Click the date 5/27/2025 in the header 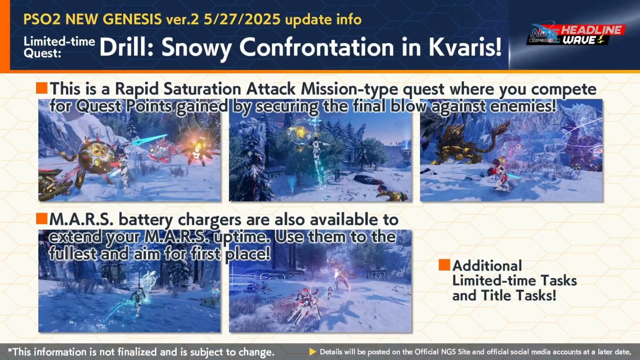pos(242,19)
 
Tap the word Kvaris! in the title pos(465,47)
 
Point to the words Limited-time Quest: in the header pos(59,47)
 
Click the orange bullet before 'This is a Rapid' pos(42,88)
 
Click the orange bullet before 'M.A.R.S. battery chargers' pos(42,218)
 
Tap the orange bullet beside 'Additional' pos(444,265)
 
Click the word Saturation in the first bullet pos(202,89)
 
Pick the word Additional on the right pos(487,265)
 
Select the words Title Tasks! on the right pos(518,295)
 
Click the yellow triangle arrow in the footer pos(312,352)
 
